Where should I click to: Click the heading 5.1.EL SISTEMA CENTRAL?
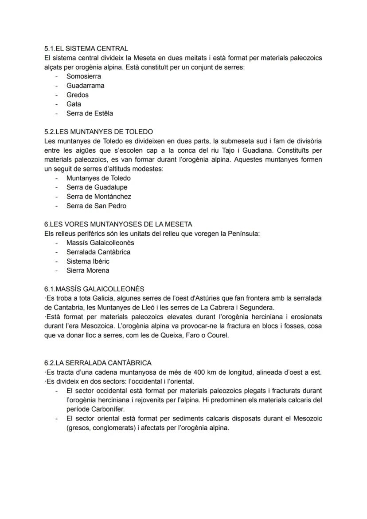click(86, 48)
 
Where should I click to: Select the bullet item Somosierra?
click(83, 76)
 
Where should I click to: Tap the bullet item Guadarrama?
click(85, 86)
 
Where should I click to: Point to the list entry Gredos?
click(77, 95)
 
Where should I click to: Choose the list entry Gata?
click(74, 104)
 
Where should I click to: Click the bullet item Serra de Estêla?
click(90, 113)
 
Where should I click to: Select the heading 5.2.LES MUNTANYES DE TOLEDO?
click(98, 132)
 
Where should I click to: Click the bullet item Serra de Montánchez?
click(98, 197)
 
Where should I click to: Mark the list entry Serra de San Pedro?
click(96, 206)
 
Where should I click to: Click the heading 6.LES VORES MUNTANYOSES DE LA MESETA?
click(118, 224)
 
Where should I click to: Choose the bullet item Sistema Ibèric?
click(88, 261)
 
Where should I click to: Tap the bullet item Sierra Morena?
click(88, 270)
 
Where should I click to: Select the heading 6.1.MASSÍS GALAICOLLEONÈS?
click(94, 289)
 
